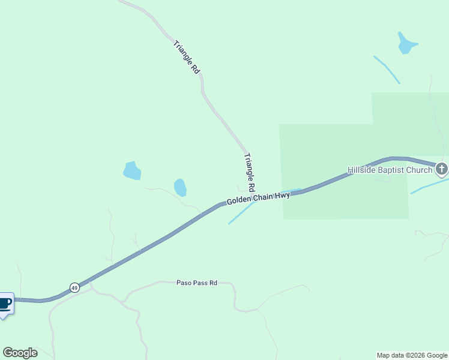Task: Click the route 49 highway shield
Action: click(74, 288)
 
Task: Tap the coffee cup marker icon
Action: click(5, 303)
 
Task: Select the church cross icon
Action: click(442, 169)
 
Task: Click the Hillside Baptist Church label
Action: click(390, 170)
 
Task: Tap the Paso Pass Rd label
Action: click(196, 283)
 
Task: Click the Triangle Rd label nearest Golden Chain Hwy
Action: click(250, 172)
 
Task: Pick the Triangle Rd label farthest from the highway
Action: click(186, 57)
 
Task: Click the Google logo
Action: click(20, 353)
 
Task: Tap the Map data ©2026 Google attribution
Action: click(412, 355)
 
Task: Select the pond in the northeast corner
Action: click(406, 43)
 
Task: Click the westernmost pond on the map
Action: click(131, 171)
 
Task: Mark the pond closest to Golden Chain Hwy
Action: click(180, 188)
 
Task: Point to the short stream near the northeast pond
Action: click(387, 70)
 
